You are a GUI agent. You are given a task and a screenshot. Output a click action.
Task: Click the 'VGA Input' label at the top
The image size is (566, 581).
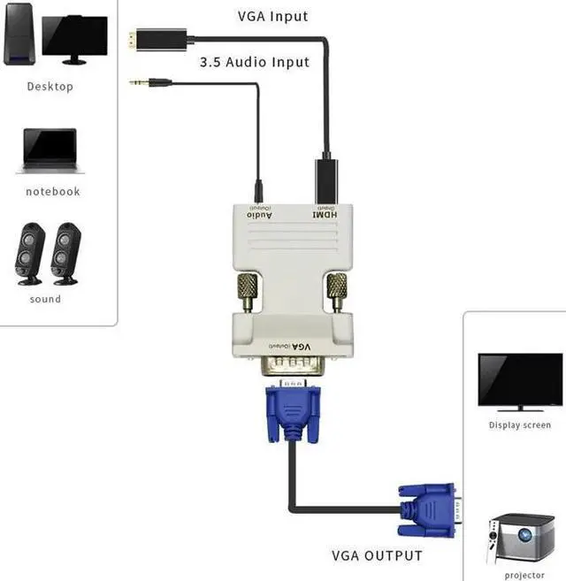pos(272,16)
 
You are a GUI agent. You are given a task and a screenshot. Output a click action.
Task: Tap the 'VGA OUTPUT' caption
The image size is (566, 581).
pos(377,555)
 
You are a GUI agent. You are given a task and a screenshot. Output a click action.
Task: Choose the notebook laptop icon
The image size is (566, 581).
pos(50,151)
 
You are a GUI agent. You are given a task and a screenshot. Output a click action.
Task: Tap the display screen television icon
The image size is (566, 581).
pos(520,382)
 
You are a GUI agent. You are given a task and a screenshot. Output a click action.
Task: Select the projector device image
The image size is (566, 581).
pos(524,538)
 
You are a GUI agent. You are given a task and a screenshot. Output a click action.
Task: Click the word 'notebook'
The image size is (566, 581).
pos(52,191)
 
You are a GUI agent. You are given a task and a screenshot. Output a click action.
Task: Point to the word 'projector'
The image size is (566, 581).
pos(524,575)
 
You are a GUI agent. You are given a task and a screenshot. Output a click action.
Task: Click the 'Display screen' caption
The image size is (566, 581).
pos(520,425)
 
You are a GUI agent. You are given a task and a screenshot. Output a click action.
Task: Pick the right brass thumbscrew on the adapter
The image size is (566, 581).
pos(337,291)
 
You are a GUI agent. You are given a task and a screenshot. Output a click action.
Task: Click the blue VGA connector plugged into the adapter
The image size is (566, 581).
pos(291,411)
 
